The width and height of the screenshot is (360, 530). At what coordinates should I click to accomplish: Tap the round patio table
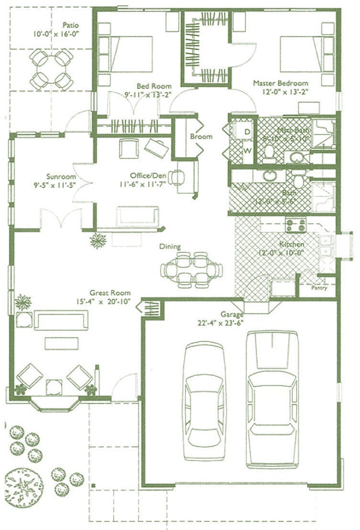pyautogui.click(x=52, y=68)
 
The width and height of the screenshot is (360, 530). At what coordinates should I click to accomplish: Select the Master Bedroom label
pyautogui.click(x=280, y=83)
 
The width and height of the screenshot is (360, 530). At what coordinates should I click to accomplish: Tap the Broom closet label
pyautogui.click(x=201, y=137)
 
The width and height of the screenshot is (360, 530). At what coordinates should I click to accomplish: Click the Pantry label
pyautogui.click(x=319, y=288)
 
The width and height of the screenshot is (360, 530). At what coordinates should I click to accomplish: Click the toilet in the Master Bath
pyautogui.click(x=269, y=153)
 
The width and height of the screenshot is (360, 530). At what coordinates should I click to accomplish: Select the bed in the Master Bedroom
pyautogui.click(x=302, y=54)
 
